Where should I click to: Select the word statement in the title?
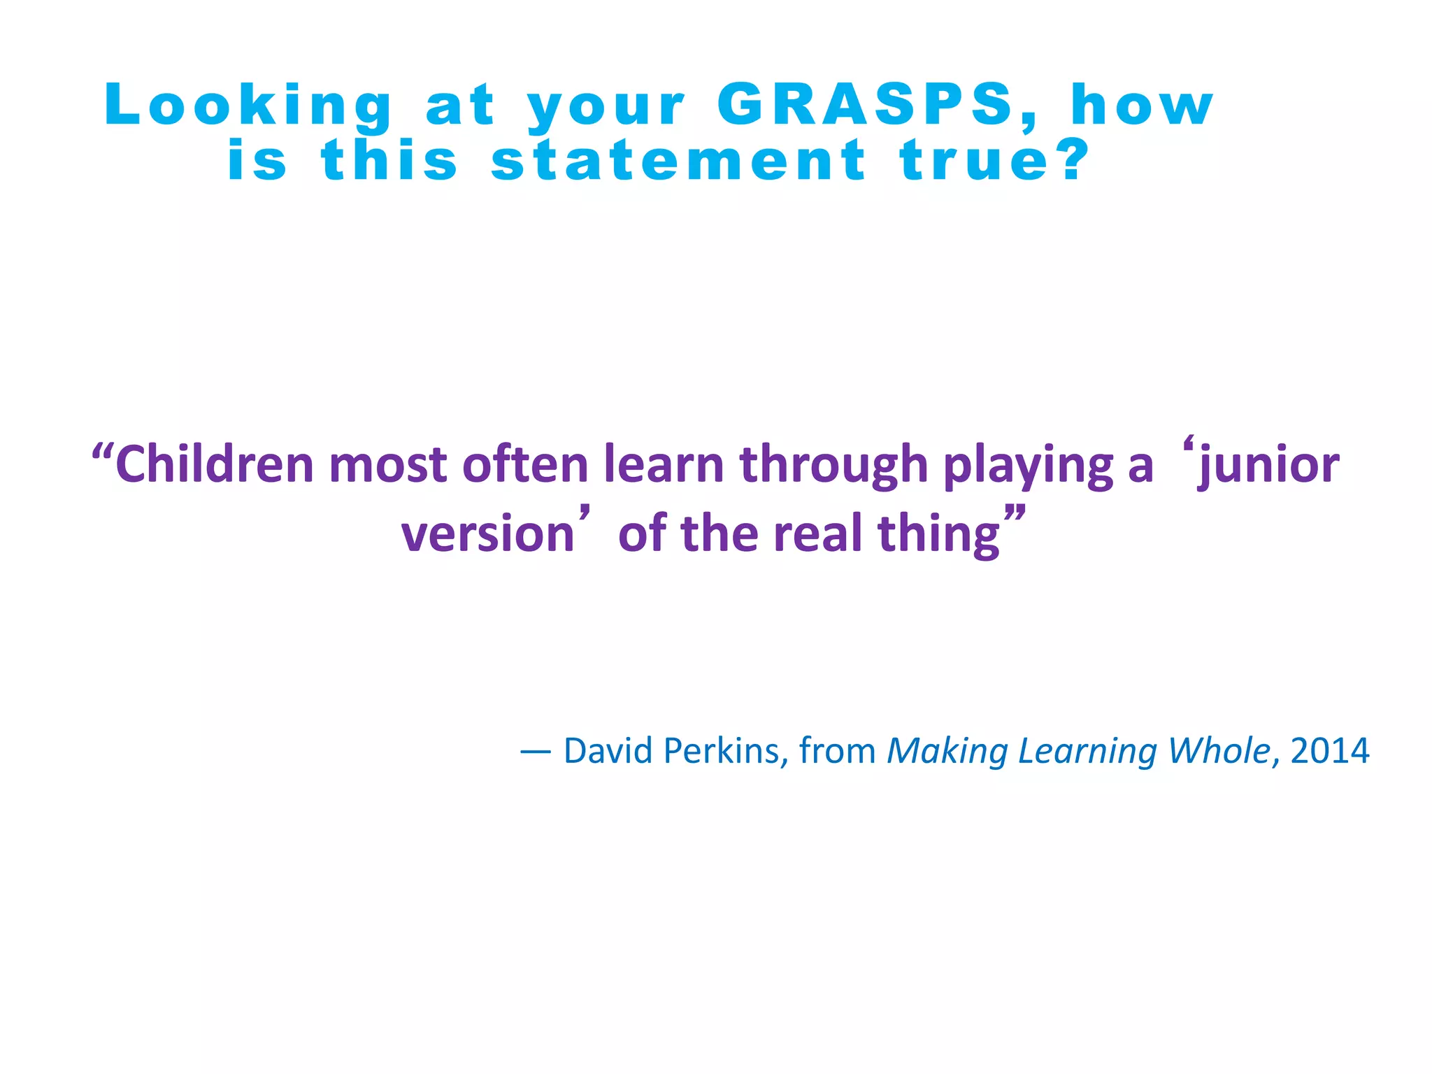click(679, 160)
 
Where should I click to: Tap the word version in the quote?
click(487, 534)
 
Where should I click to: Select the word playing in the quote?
click(1028, 466)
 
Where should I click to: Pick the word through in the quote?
click(833, 466)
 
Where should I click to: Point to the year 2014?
click(1330, 751)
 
